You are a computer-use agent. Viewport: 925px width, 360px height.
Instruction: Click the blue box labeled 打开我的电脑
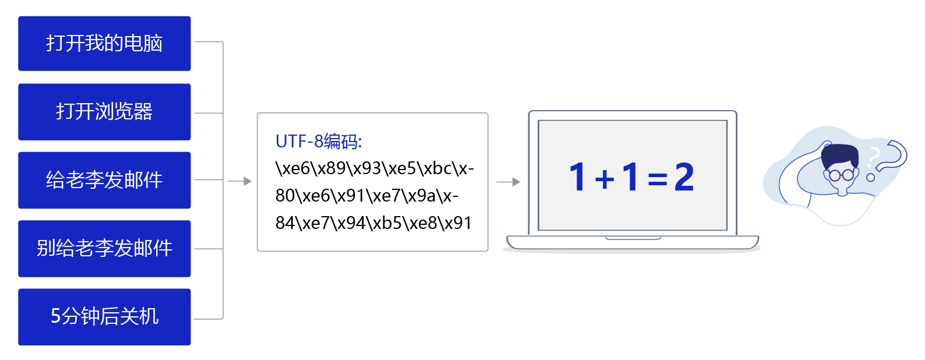104,43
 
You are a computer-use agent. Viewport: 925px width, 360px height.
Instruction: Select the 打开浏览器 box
104,112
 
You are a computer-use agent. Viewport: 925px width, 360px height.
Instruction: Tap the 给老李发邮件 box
104,180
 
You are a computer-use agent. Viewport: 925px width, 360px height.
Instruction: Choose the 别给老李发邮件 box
104,249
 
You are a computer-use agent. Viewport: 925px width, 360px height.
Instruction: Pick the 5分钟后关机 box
104,317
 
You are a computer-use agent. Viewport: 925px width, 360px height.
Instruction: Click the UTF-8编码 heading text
319,141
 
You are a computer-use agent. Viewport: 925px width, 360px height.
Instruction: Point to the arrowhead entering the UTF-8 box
248,181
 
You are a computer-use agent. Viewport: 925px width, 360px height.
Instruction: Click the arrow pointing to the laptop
509,182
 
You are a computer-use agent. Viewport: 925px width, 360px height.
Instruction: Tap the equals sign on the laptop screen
658,179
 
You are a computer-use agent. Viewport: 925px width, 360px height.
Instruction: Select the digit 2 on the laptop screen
684,177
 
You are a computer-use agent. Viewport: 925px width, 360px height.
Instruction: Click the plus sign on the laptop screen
605,179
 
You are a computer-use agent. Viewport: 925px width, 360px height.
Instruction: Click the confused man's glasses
841,175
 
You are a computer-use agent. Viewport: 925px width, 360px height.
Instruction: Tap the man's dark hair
841,156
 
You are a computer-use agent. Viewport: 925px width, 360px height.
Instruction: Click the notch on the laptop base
633,238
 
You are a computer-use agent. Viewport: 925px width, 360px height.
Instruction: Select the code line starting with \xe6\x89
375,168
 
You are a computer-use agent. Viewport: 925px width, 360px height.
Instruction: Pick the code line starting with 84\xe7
373,223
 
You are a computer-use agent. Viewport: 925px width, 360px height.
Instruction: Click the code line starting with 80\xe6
367,196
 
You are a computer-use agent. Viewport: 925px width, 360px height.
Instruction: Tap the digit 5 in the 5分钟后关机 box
56,316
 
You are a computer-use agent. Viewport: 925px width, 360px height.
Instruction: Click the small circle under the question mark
870,178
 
